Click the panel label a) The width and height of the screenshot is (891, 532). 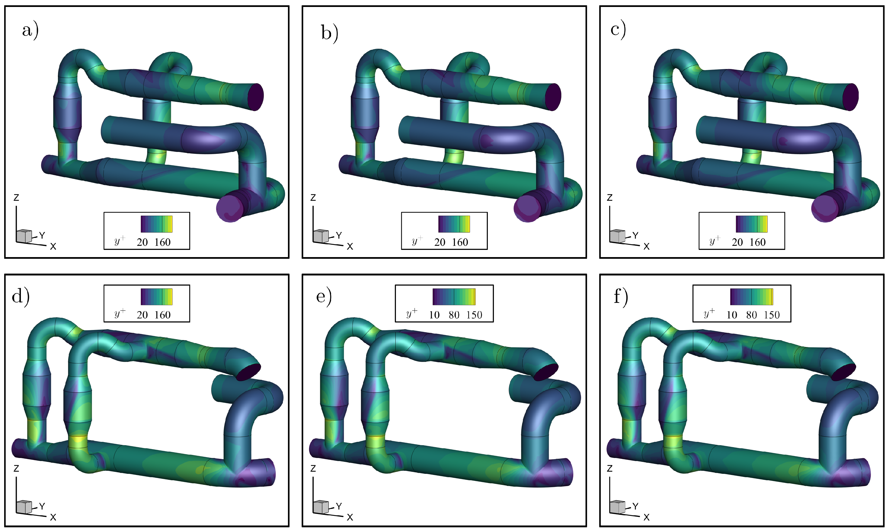tap(30, 31)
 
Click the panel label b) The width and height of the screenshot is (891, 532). tap(329, 33)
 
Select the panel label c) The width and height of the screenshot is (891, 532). tap(618, 29)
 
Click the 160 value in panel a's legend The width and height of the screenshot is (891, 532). tap(163, 242)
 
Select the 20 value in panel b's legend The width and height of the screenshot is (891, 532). tap(440, 242)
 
